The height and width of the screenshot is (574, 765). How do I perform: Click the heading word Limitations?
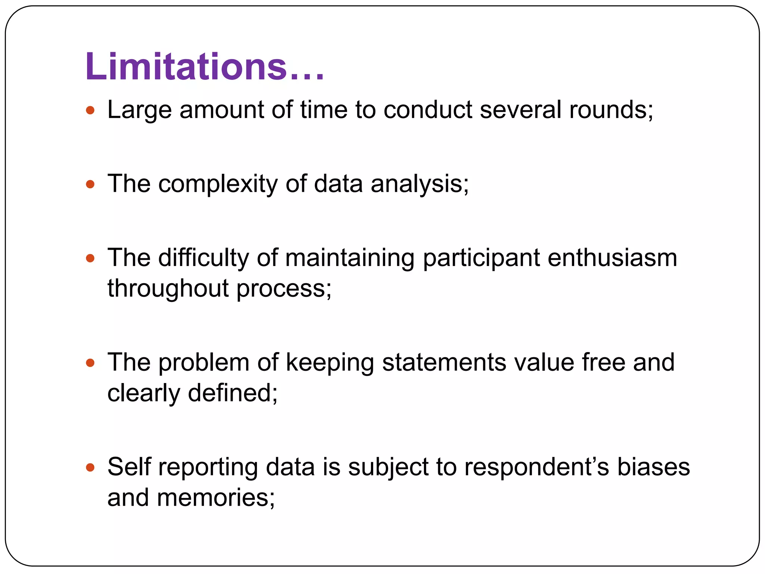click(186, 67)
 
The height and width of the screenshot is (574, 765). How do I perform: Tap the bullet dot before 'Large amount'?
click(90, 110)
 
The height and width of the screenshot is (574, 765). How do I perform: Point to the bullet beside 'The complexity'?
click(90, 184)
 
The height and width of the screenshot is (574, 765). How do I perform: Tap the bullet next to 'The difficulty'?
click(90, 258)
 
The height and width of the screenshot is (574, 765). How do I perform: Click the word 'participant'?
click(481, 258)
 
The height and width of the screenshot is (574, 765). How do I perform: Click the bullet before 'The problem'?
click(90, 362)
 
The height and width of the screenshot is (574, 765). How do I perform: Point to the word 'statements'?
click(444, 362)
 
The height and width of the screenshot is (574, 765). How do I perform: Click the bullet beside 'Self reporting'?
click(90, 467)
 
